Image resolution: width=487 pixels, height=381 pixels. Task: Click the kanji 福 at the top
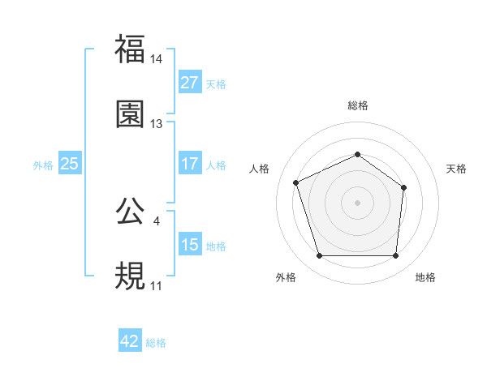(x=130, y=49)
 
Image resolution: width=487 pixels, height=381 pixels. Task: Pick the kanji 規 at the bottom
(x=130, y=276)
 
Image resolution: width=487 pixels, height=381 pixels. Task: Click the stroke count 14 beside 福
(x=157, y=59)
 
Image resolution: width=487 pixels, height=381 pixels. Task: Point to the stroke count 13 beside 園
(x=157, y=124)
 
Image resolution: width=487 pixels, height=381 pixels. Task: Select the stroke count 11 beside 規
(x=157, y=286)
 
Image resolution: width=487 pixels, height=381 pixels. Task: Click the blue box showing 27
(x=189, y=83)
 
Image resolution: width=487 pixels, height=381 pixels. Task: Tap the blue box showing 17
(x=189, y=164)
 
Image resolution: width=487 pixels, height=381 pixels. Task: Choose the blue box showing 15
(x=189, y=245)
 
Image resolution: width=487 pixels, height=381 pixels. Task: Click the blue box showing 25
(x=69, y=164)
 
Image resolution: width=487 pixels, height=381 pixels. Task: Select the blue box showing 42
(x=130, y=341)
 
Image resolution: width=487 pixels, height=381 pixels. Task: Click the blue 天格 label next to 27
(x=216, y=83)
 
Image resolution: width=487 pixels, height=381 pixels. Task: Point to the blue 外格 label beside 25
(x=43, y=165)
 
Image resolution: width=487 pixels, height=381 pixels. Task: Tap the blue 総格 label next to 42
(x=156, y=342)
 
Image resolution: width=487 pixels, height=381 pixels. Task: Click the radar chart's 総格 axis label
(x=357, y=105)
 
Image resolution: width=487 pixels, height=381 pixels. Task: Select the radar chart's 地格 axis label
(x=425, y=277)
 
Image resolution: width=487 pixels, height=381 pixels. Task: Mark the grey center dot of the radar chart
(x=357, y=203)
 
